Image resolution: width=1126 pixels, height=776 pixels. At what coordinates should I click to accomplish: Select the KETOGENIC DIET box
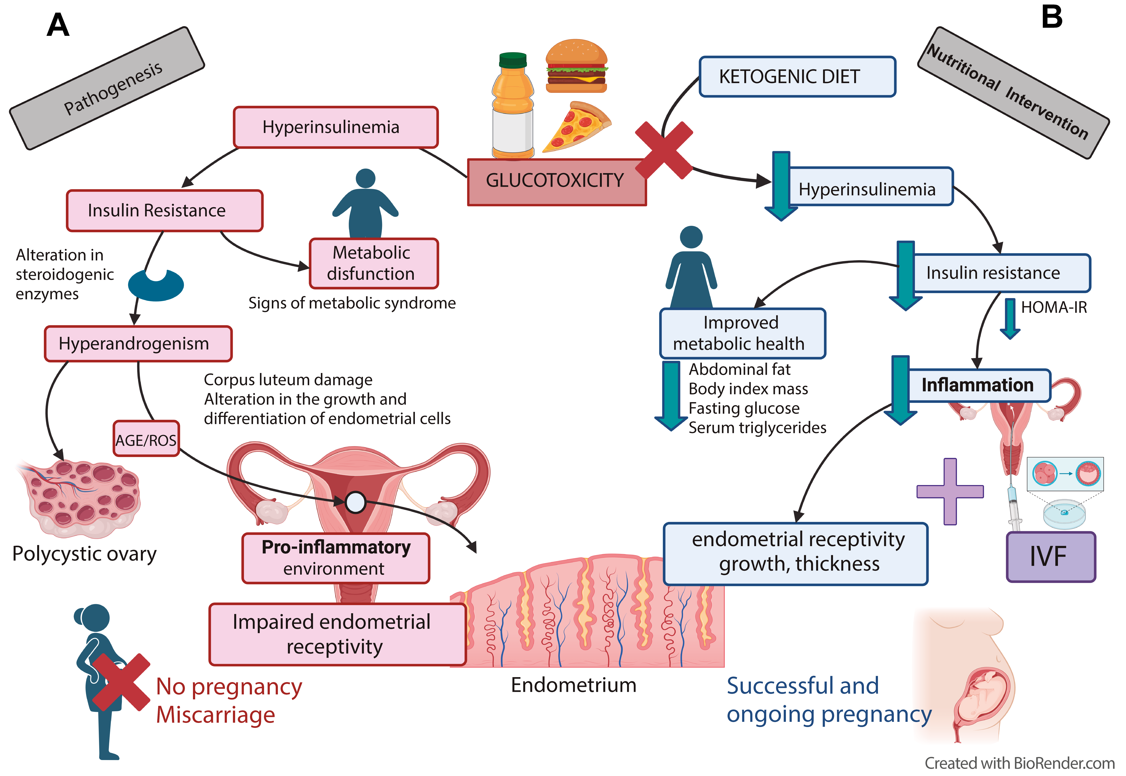pyautogui.click(x=796, y=77)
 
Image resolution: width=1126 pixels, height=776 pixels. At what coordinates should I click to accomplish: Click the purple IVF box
pyautogui.click(x=1050, y=557)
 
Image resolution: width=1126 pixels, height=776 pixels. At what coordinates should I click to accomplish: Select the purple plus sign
pyautogui.click(x=950, y=491)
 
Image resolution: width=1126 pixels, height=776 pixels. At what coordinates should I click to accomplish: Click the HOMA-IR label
pyautogui.click(x=1053, y=307)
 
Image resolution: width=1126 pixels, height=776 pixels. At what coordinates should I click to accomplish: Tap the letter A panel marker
pyautogui.click(x=58, y=25)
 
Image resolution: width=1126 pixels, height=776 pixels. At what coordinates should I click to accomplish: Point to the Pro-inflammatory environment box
pyautogui.click(x=336, y=558)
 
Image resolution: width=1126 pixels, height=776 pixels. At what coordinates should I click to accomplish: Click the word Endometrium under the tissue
pyautogui.click(x=573, y=685)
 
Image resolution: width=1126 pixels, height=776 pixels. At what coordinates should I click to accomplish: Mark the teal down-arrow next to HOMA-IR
pyautogui.click(x=1010, y=318)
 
